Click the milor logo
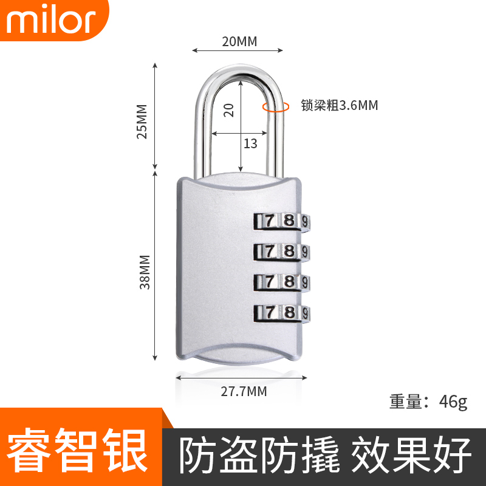tap(52, 21)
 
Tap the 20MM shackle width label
tap(239, 41)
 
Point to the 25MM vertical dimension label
tap(143, 122)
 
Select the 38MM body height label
tap(145, 272)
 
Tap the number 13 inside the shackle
tap(250, 143)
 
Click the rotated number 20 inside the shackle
tap(228, 110)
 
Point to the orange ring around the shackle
tap(275, 107)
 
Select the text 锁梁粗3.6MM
tap(340, 106)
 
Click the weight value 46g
tap(453, 402)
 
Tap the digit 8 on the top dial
tap(289, 221)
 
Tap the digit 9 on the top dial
tap(306, 222)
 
